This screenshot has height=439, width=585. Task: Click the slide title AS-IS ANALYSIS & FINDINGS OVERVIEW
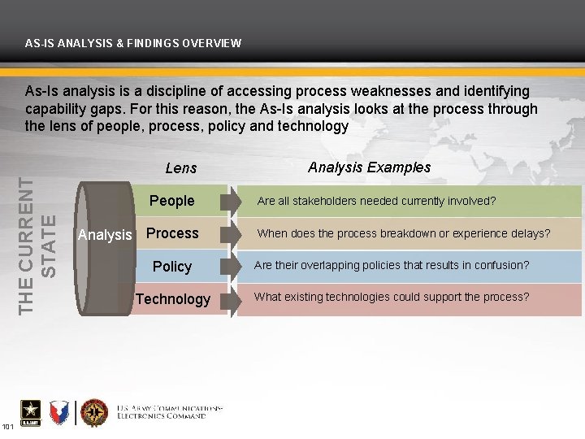pyautogui.click(x=133, y=43)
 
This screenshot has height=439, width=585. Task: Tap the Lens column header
pyautogui.click(x=180, y=168)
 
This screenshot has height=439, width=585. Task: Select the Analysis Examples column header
pyautogui.click(x=369, y=167)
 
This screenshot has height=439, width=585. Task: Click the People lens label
pyautogui.click(x=171, y=201)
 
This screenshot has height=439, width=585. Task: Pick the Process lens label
pyautogui.click(x=172, y=233)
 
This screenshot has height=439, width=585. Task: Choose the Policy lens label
pyautogui.click(x=172, y=267)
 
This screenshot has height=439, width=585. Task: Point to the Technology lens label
pyautogui.click(x=173, y=299)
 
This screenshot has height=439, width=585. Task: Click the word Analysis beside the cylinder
pyautogui.click(x=104, y=235)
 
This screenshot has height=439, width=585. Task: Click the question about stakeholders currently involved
pyautogui.click(x=376, y=201)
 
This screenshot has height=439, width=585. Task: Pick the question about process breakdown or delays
pyautogui.click(x=403, y=233)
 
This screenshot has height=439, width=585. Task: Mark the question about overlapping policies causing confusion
pyautogui.click(x=392, y=265)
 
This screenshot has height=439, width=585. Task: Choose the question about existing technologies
pyautogui.click(x=392, y=297)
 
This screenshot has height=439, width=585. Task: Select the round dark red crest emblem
pyautogui.click(x=94, y=413)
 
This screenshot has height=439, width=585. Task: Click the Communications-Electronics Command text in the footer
pyautogui.click(x=169, y=411)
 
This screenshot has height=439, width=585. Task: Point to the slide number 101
pyautogui.click(x=7, y=427)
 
